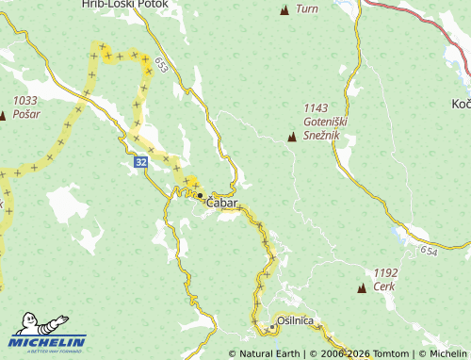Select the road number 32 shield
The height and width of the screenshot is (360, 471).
point(140,162)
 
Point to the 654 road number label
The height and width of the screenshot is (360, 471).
point(430,251)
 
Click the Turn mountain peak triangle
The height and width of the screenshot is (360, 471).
point(284,10)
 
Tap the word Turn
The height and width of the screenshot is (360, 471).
point(307,9)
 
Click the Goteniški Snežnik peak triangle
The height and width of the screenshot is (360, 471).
point(292,138)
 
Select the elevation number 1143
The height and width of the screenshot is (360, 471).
point(317,108)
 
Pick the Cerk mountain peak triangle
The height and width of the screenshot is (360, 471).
point(362,286)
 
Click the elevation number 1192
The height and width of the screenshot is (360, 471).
point(385,272)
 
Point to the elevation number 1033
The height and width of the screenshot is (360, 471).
point(24,99)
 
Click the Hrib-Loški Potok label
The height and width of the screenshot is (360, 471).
point(124,5)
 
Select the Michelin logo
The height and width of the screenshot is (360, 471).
point(48,336)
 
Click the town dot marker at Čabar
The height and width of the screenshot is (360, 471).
point(200,196)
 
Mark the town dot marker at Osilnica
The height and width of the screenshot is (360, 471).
point(272,327)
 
